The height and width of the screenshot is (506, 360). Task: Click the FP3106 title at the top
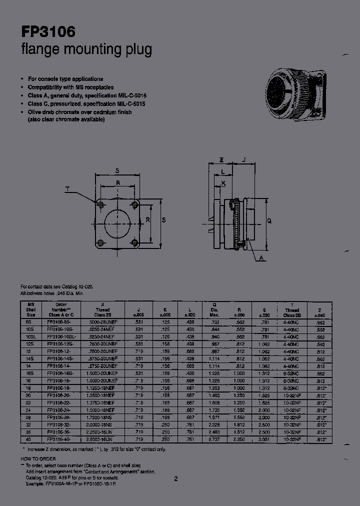coord(48,32)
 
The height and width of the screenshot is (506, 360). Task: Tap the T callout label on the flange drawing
coord(68,189)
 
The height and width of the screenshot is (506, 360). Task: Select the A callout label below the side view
coord(262,258)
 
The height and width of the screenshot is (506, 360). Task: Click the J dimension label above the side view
coord(243,160)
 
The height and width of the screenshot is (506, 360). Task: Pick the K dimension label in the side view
coord(223,183)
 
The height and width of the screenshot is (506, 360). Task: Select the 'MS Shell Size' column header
coord(31,309)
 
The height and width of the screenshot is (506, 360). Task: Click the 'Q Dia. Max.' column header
coord(214,309)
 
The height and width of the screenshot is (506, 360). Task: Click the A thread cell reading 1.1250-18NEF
coord(102,387)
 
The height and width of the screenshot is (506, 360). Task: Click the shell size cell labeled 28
coord(30,416)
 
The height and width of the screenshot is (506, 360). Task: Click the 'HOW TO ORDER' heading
coord(38,458)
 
